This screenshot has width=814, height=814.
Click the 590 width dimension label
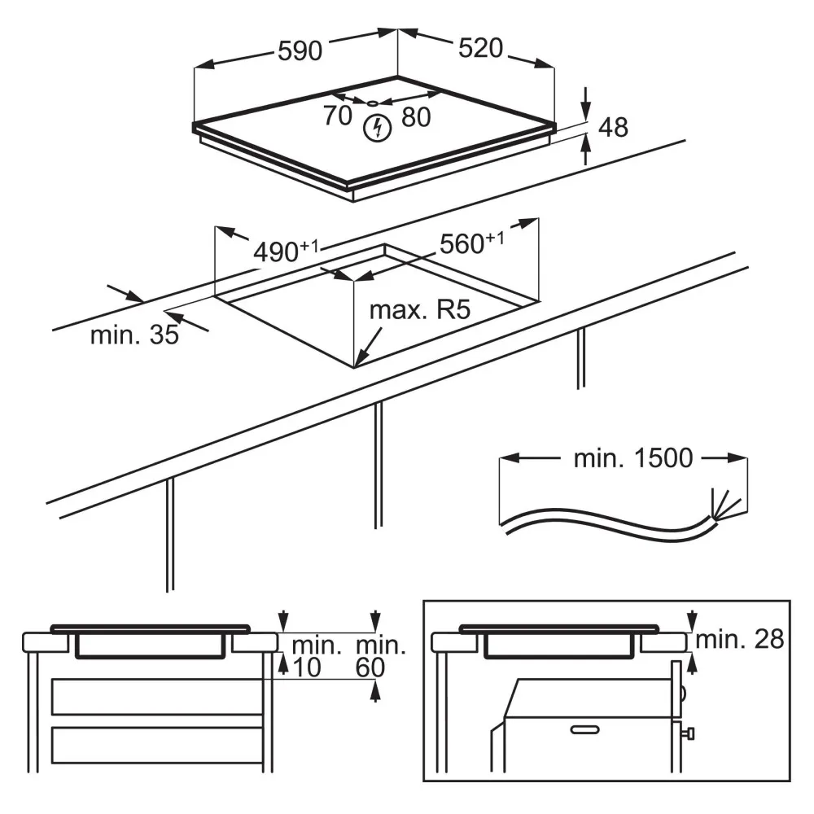[x=300, y=50]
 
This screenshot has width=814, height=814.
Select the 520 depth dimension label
[x=481, y=48]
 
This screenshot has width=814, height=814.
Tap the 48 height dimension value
[x=613, y=127]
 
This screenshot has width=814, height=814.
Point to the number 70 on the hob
[x=338, y=116]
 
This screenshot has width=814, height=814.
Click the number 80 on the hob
[x=416, y=116]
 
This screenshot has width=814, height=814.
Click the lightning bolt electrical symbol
[x=378, y=128]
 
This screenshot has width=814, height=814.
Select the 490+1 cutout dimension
[x=286, y=251]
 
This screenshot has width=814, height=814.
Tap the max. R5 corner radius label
[x=420, y=310]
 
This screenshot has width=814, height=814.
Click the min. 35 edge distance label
[x=134, y=335]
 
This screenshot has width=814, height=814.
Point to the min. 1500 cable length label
[x=633, y=457]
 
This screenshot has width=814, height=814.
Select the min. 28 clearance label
[x=740, y=639]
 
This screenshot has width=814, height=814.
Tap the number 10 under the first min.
[x=308, y=667]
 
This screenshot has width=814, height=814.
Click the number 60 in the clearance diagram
[x=370, y=667]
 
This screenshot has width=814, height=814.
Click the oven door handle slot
[x=585, y=730]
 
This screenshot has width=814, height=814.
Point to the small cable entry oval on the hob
[x=372, y=104]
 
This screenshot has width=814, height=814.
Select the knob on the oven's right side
[x=689, y=733]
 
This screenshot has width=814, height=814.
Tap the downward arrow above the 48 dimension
[x=585, y=104]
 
